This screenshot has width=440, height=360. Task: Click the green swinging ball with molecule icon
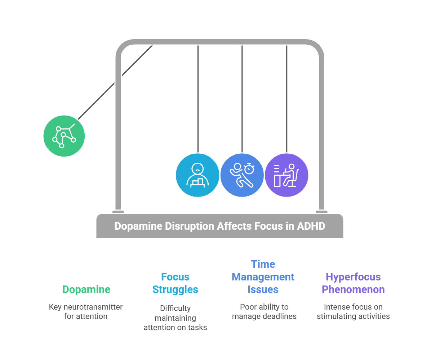[x=64, y=136]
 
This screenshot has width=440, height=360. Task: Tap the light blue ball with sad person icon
[x=197, y=175]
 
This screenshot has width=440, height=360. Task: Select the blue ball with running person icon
[x=242, y=175]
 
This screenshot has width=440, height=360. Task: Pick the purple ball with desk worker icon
[x=286, y=175]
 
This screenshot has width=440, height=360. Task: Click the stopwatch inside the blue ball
[x=249, y=168]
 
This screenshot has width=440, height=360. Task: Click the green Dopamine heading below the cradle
[x=86, y=289]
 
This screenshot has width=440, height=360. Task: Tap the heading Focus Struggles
[x=175, y=283]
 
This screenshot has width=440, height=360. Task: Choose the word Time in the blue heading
[x=263, y=264]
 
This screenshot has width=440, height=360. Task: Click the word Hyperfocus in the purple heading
[x=353, y=277]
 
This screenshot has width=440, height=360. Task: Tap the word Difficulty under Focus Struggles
[x=175, y=308]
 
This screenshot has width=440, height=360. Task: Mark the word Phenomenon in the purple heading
[x=353, y=289]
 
